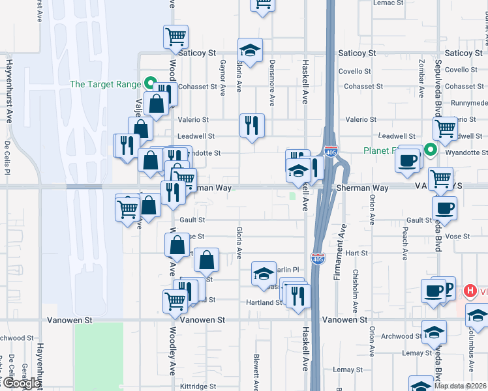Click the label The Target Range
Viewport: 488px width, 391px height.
(x=106, y=84)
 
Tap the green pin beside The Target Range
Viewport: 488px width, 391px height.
(x=149, y=83)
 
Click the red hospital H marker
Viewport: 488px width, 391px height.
(x=468, y=291)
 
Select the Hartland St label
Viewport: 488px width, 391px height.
(x=263, y=302)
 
